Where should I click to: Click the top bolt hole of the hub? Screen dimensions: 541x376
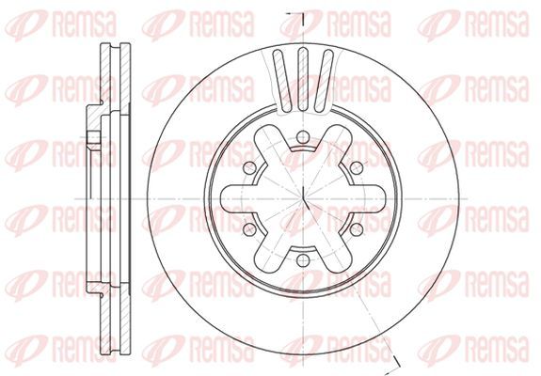tap(303, 137)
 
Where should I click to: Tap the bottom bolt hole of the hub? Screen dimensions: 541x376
tap(303, 260)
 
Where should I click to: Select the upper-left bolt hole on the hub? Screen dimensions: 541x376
tap(249, 168)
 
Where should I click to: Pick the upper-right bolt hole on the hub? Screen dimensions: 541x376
tap(357, 168)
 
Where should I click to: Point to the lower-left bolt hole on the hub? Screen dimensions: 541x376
tap(249, 230)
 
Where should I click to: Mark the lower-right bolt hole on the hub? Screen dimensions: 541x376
tap(357, 230)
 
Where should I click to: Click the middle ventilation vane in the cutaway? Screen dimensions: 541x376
tap(303, 79)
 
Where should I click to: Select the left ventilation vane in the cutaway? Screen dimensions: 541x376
tap(282, 81)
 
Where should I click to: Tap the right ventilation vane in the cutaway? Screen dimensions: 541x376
tap(324, 81)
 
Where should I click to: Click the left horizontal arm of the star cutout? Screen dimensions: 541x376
tap(238, 199)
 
